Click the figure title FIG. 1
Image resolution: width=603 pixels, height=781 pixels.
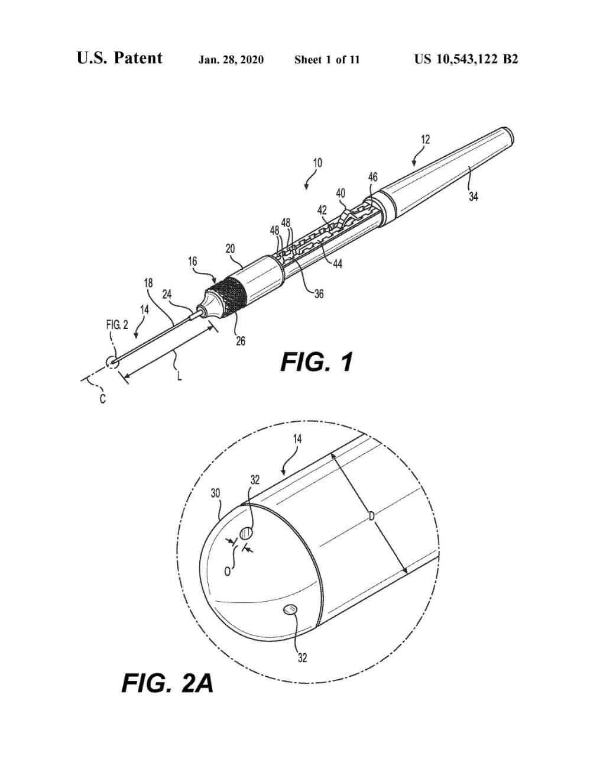pos(317,362)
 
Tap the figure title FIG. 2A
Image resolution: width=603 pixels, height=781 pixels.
pos(167,683)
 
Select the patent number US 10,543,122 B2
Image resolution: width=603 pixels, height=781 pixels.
pos(466,59)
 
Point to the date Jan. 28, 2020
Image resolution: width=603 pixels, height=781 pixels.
pos(231,60)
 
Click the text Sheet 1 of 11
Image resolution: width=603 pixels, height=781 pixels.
pos(327,60)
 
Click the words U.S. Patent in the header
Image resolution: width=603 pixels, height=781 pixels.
pos(119,59)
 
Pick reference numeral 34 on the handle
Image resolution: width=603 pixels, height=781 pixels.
pos(474,197)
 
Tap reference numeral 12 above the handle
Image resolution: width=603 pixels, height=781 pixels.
pos(426,140)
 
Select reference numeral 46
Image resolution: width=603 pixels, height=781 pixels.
pos(372,177)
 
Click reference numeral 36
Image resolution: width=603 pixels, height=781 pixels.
pos(319,293)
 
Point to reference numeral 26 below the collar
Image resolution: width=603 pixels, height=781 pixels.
pos(241,341)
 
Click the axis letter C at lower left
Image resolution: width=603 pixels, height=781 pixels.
pos(102,399)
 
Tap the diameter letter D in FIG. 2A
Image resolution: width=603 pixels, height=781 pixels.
pos(371,517)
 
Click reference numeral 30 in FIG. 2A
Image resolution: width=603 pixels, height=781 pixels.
pos(216,493)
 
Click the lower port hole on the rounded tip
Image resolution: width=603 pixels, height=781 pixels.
pos(290,609)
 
